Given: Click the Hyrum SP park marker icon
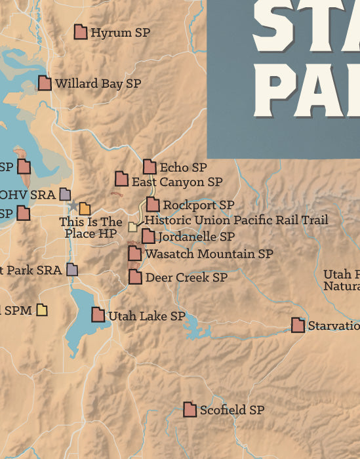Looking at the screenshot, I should click(81, 32).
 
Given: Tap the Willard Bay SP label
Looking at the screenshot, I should click(98, 84).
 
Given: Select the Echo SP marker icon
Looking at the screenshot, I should click(150, 167).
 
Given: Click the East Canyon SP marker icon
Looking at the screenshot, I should click(121, 179).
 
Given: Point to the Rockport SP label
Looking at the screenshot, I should click(198, 205).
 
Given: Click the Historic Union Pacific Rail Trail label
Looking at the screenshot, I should click(236, 220).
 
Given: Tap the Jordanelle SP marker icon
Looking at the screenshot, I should click(149, 236).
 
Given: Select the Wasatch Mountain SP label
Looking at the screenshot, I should click(209, 253).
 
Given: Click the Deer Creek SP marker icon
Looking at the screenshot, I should click(135, 277).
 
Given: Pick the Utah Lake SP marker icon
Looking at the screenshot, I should click(98, 315).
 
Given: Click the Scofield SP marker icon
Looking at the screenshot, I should click(190, 410).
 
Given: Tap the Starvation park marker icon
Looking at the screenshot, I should click(298, 325).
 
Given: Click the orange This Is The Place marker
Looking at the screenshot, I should click(85, 209).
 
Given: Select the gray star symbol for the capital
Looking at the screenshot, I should click(72, 206).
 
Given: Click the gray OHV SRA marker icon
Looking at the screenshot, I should click(65, 194).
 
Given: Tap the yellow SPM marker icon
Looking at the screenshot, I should click(43, 309).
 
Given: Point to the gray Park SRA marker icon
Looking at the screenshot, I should click(72, 269).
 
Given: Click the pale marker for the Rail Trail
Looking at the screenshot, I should click(133, 227).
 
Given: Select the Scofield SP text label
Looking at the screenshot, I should click(231, 410).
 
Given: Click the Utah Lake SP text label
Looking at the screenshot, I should click(146, 316).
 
